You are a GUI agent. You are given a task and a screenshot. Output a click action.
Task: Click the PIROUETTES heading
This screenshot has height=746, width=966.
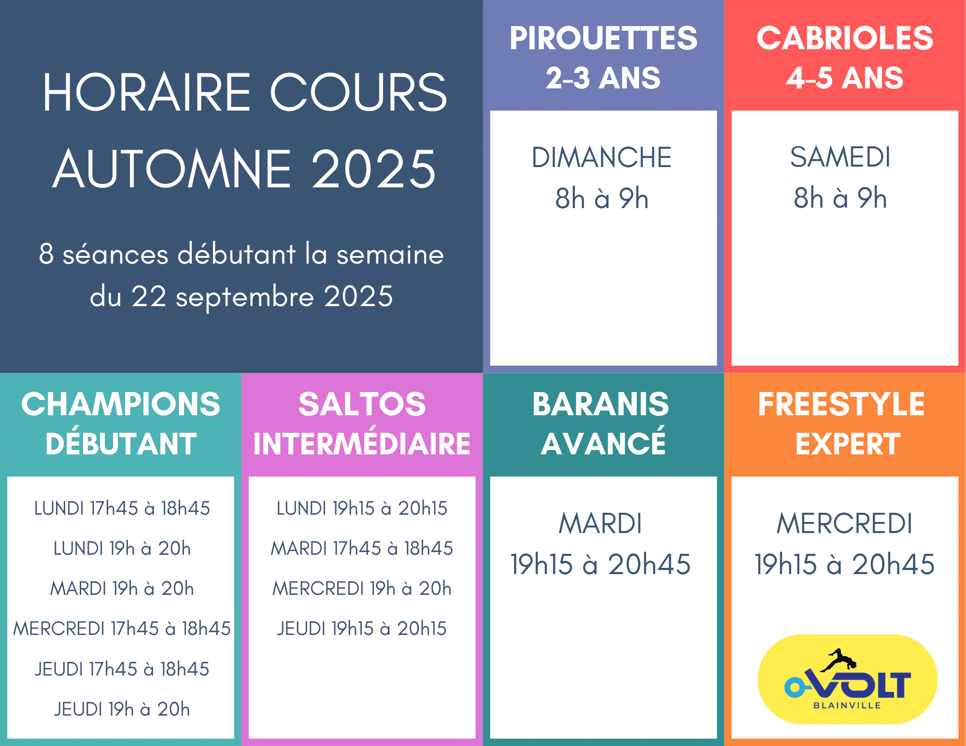click(603, 38)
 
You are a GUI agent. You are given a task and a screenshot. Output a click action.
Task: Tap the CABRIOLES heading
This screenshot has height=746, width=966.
click(845, 38)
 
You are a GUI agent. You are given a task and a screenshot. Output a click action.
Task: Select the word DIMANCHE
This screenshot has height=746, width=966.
click(602, 157)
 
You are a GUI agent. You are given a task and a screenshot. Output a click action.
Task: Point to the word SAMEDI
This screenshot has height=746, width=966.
click(840, 157)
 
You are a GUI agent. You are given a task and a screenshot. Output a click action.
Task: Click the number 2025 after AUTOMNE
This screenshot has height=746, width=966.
click(374, 169)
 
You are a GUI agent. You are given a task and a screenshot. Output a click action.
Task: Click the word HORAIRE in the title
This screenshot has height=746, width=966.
click(147, 92)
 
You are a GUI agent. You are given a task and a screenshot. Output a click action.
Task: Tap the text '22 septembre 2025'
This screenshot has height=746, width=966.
click(262, 296)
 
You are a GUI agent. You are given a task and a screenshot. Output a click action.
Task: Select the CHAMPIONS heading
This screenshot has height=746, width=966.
click(121, 404)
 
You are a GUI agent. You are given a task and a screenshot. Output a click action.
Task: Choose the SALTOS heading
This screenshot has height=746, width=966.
click(362, 404)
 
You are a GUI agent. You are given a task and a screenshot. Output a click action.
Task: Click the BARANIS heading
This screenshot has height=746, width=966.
click(601, 404)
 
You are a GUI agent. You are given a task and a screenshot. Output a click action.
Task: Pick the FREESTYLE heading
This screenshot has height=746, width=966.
click(841, 404)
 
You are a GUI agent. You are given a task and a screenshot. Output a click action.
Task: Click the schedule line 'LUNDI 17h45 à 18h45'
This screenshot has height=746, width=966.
click(122, 508)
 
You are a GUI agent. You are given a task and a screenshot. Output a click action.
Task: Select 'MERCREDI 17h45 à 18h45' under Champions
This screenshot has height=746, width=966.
click(122, 629)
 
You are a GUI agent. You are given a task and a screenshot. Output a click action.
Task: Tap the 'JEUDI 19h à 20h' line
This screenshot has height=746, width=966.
click(122, 709)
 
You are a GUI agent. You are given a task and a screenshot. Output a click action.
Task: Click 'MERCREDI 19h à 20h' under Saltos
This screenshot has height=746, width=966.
click(362, 589)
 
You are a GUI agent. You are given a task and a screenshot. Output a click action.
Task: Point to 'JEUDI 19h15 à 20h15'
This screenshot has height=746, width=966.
click(362, 629)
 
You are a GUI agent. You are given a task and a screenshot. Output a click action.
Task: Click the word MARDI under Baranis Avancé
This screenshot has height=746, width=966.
click(600, 523)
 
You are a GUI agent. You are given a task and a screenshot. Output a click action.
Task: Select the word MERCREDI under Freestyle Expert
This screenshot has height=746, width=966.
click(845, 523)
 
